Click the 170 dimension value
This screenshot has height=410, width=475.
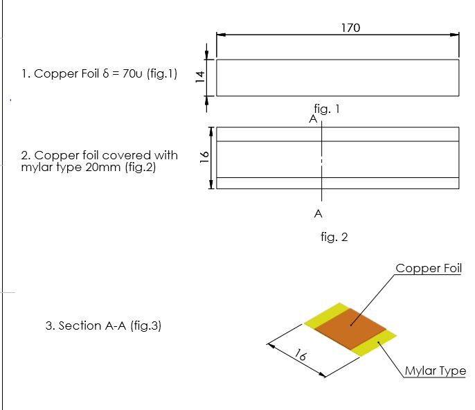click(350, 28)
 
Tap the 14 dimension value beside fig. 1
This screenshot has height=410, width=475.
click(200, 77)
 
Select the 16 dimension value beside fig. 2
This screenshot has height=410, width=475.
click(204, 157)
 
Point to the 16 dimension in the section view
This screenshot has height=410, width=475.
click(301, 355)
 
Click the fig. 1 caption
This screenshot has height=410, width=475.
click(327, 109)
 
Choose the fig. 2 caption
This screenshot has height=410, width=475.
click(334, 237)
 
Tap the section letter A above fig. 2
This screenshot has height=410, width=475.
click(313, 119)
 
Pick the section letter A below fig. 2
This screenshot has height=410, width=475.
click(318, 213)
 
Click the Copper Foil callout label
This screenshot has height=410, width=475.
click(429, 268)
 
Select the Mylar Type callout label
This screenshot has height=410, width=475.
click(436, 371)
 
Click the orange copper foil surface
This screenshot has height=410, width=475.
click(350, 329)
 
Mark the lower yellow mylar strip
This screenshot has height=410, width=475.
click(374, 343)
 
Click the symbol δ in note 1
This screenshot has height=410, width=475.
click(105, 73)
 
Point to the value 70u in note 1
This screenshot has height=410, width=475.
click(132, 73)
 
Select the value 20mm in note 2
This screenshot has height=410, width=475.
click(102, 167)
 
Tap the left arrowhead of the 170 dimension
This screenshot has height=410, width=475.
click(221, 35)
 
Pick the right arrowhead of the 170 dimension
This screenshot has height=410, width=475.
click(455, 35)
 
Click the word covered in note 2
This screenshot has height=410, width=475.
click(125, 155)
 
